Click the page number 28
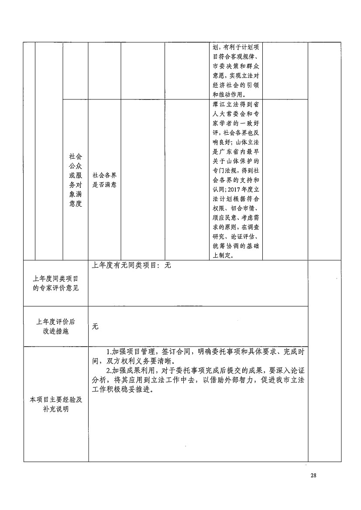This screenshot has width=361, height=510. coord(313,475)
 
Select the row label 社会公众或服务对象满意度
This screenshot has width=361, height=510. coord(76,180)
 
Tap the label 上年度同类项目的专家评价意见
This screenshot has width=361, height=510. coord(56,283)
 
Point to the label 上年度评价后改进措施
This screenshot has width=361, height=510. coord(56,326)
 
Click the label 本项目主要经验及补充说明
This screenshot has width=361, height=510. coord(56,404)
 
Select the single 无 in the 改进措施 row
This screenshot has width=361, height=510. coord(95,326)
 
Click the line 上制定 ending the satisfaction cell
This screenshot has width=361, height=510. coord(223,256)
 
